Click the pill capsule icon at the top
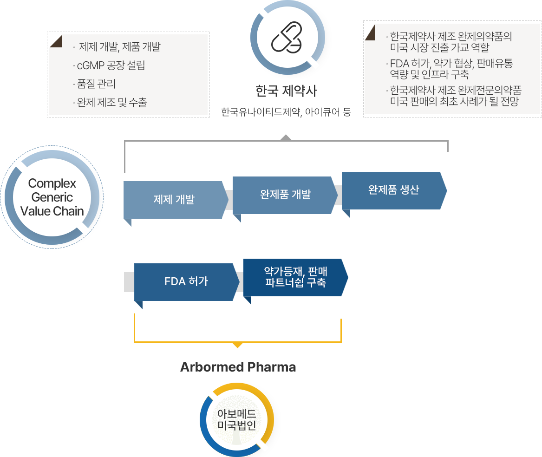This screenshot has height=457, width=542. (287, 38)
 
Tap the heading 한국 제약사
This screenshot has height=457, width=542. (286, 91)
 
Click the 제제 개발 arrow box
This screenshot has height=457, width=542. (174, 200)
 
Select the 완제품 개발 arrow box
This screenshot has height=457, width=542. (285, 195)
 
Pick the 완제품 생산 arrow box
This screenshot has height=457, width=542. (393, 190)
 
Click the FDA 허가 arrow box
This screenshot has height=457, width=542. (186, 281)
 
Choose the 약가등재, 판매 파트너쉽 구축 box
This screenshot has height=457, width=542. (295, 277)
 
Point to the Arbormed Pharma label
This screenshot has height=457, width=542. (238, 367)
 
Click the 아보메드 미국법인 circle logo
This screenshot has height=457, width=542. (237, 419)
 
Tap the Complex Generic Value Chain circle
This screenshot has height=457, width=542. (52, 197)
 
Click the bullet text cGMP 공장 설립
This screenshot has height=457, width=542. (109, 65)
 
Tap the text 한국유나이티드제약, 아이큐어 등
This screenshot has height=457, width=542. (286, 112)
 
